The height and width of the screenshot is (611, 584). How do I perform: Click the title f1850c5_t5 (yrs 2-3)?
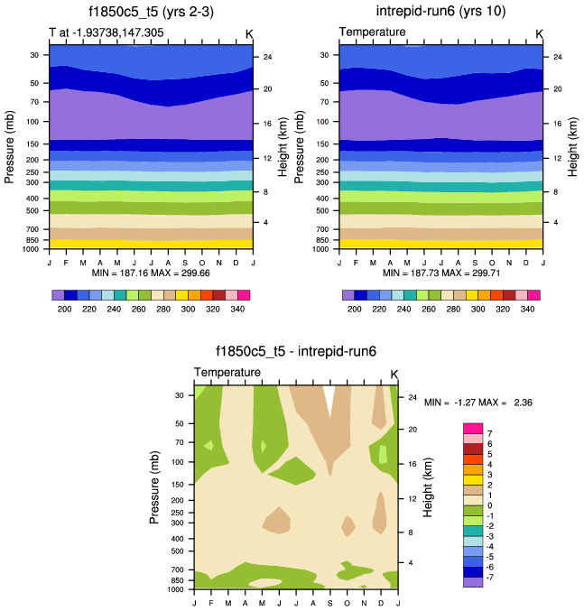[x=152, y=13]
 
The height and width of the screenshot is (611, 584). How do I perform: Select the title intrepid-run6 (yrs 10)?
[x=440, y=12]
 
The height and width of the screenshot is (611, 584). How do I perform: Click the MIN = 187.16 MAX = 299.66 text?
[x=151, y=273]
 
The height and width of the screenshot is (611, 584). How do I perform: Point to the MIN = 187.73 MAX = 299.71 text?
[x=440, y=273]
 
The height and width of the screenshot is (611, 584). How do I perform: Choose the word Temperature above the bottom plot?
[x=227, y=372]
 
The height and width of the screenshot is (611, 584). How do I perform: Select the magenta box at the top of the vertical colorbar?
[x=473, y=427]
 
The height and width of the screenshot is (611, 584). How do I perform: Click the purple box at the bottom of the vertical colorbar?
[x=473, y=582]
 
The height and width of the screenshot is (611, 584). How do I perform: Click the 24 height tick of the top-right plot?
[x=557, y=57]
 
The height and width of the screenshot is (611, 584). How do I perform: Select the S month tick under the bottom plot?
[x=330, y=603]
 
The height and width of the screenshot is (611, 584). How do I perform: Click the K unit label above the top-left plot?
[x=249, y=33]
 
